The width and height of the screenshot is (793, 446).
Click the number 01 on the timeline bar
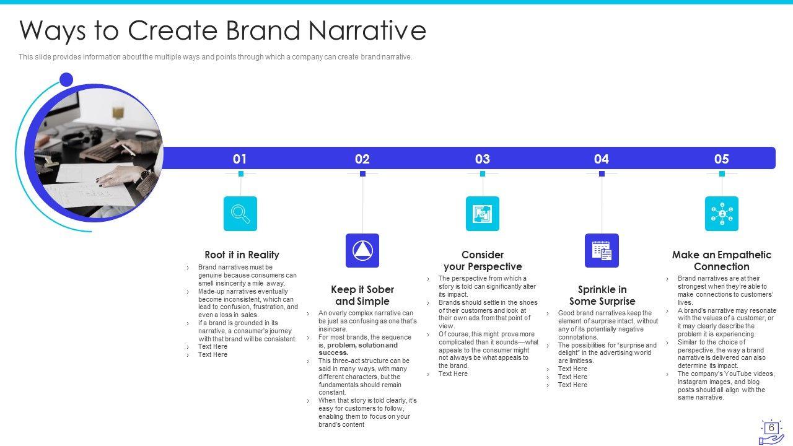(239, 159)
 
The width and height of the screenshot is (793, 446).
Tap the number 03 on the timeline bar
(482, 159)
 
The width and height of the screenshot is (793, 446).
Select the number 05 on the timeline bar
(722, 159)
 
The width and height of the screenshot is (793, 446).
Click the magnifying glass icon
(240, 214)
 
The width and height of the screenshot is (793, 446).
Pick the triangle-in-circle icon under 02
(362, 251)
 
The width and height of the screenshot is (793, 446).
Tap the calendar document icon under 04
(602, 251)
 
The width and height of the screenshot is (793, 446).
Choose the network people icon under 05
(722, 214)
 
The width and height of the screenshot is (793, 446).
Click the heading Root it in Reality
(242, 255)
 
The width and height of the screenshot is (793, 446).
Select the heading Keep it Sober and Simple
(362, 295)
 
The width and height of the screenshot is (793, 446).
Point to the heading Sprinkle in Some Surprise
(602, 295)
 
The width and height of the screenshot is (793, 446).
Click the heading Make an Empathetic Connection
(722, 261)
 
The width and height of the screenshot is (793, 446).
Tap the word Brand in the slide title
(263, 30)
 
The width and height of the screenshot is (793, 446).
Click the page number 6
(771, 427)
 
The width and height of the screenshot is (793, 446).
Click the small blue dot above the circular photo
(66, 79)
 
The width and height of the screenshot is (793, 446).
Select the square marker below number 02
(362, 174)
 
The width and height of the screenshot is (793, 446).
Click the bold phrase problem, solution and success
(358, 349)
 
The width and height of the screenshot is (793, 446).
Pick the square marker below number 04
(602, 174)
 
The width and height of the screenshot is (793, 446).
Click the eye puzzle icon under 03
(482, 214)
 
